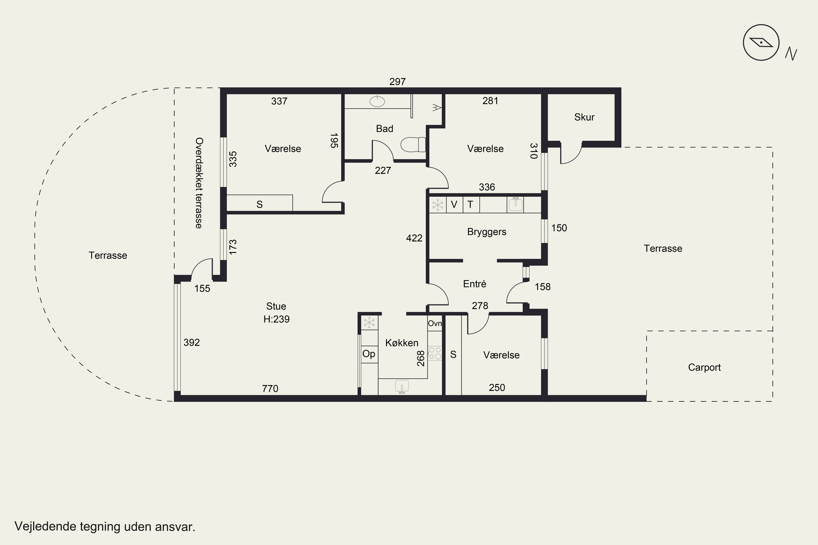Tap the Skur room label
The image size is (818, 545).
pos(584,117)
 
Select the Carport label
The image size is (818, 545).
pos(704,367)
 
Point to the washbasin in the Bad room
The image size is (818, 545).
pos(377,101)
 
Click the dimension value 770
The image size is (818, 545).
pos(270,388)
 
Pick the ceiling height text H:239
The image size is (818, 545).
pos(276,319)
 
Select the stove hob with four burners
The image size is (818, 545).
pos(435,353)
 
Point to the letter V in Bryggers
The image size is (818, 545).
pos(454,204)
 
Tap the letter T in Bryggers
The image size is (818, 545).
pos(470,204)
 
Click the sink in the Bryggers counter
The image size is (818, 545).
pos(515,204)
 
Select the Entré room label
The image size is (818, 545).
pos(474,284)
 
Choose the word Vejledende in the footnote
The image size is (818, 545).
pos(46,526)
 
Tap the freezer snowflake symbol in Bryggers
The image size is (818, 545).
pos(438,205)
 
